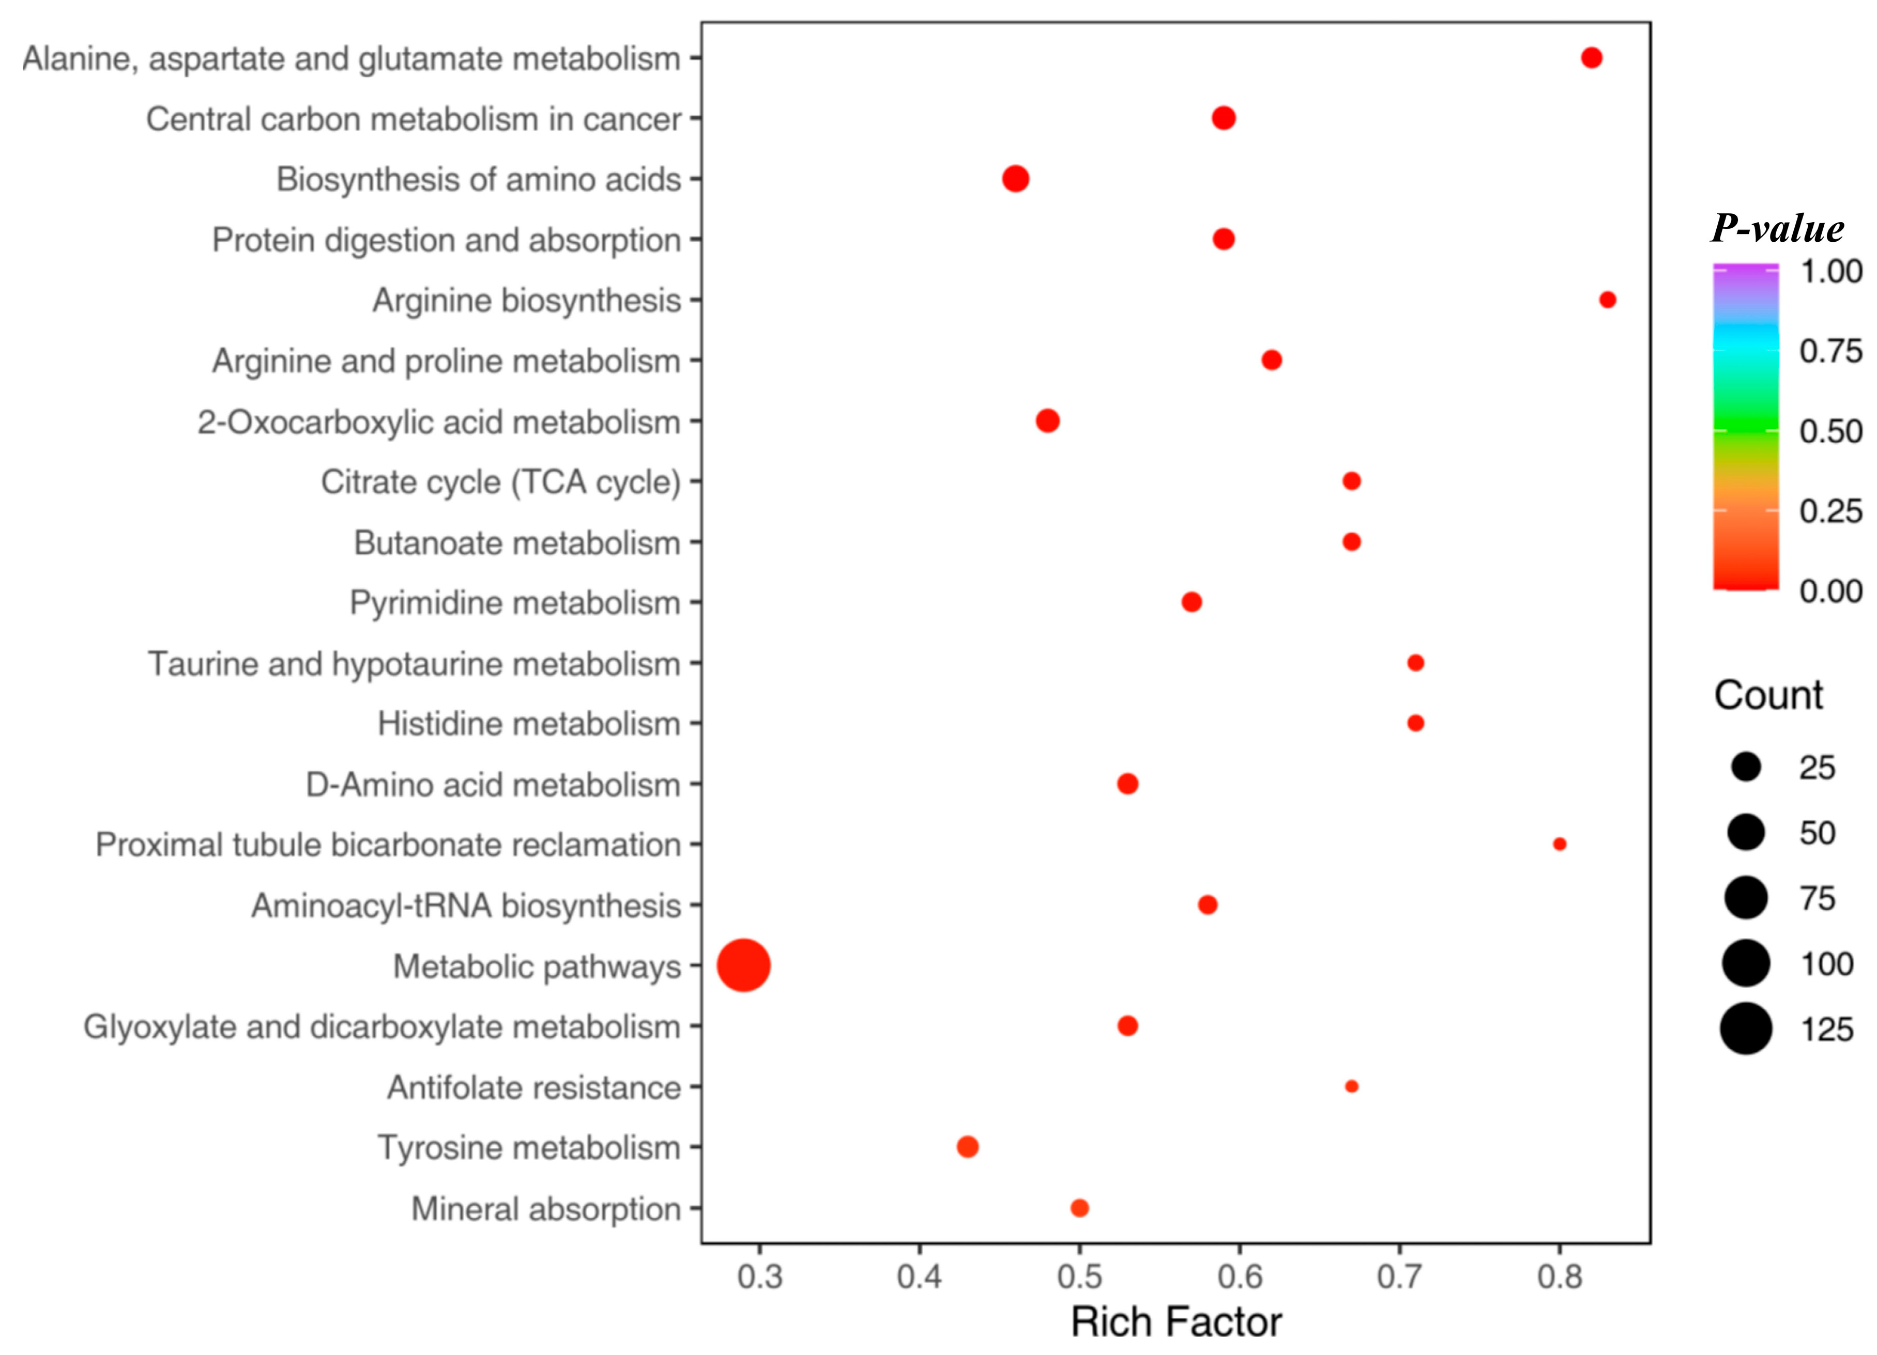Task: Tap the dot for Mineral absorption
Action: coord(1079,1208)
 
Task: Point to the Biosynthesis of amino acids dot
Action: coord(1015,179)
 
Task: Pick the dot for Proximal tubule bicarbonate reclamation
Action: coord(1559,844)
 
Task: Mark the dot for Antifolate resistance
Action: coord(1351,1086)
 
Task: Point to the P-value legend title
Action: coord(1777,228)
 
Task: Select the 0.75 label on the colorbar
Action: coord(1830,351)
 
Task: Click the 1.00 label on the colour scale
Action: coord(1830,271)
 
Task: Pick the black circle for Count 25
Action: coord(1745,767)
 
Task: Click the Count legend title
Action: coord(1768,695)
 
